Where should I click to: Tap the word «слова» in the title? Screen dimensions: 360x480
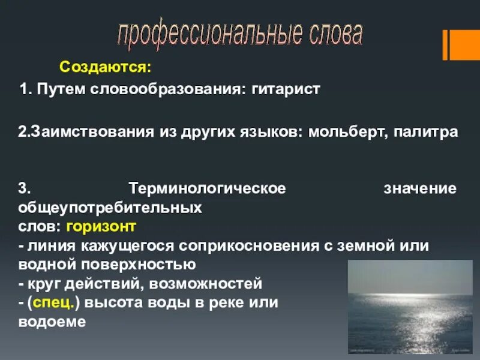point(335,35)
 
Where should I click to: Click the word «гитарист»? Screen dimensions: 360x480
point(287,89)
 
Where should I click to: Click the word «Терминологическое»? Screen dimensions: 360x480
point(207,188)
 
